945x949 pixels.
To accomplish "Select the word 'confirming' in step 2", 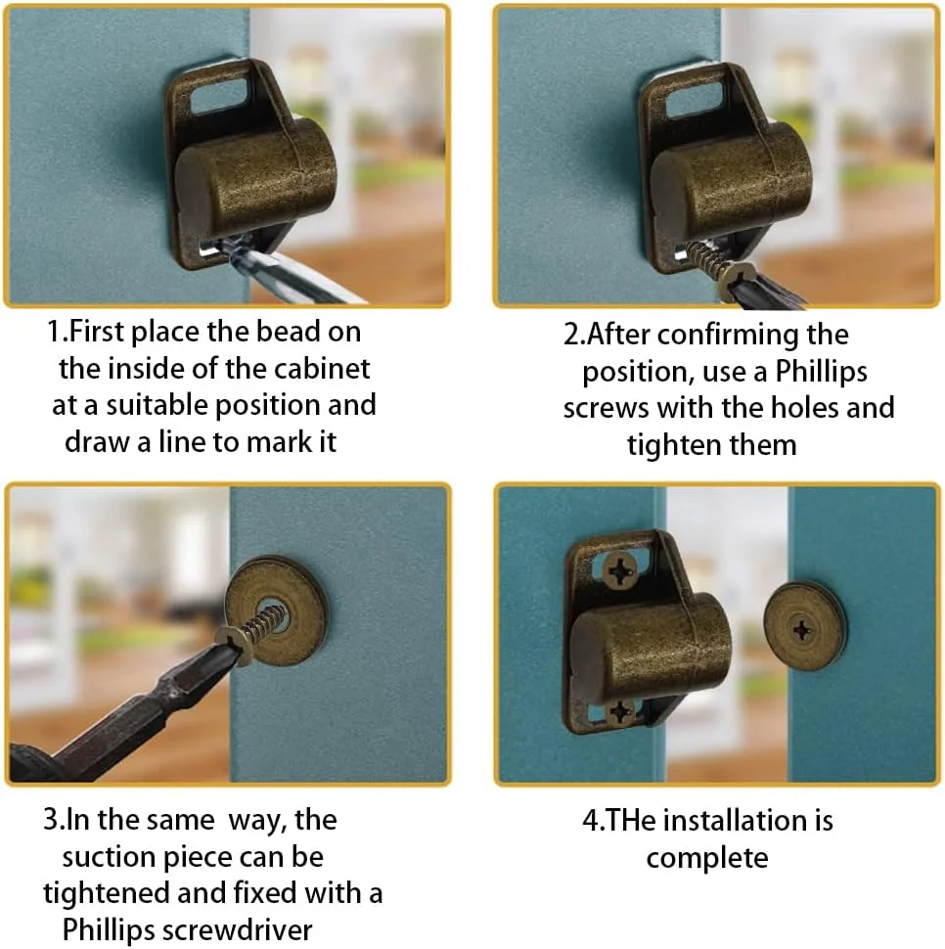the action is (728, 336).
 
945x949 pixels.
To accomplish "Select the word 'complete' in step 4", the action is (707, 859).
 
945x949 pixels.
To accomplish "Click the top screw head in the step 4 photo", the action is (620, 570).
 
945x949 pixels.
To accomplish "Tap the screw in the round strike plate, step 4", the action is (802, 631).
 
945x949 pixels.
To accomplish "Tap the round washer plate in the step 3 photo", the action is (277, 611).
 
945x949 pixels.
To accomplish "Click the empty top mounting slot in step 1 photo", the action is (219, 93).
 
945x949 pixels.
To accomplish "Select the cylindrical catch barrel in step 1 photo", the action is (254, 178).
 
